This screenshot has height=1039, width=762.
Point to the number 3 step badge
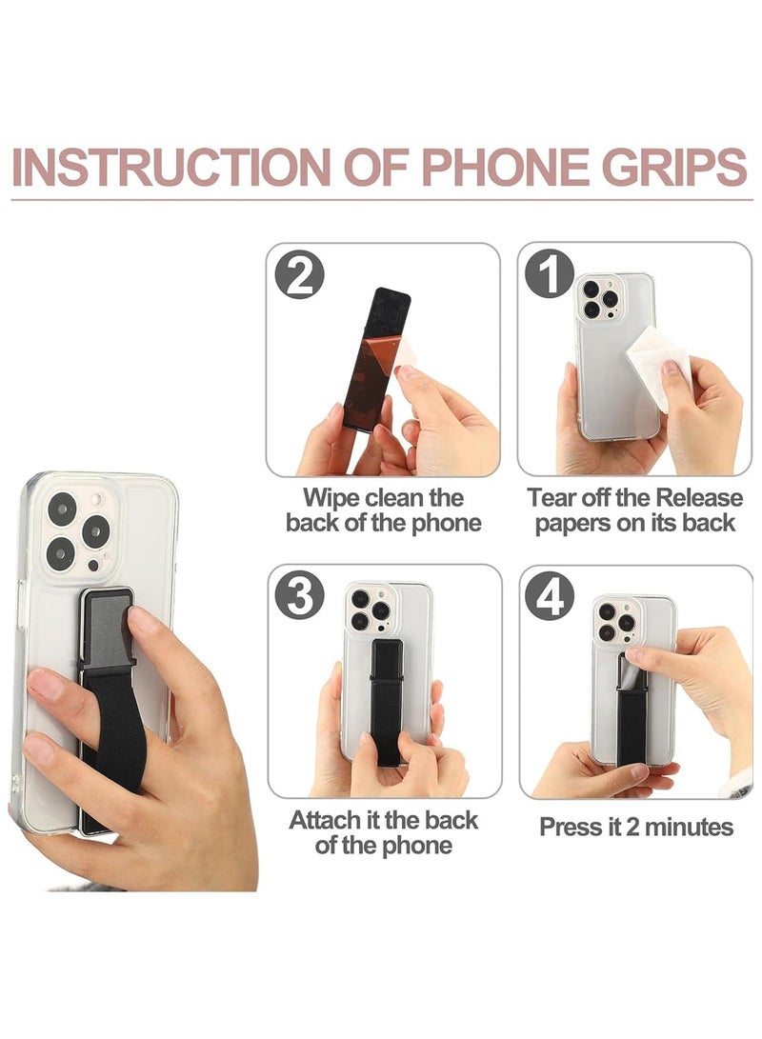tap(299, 597)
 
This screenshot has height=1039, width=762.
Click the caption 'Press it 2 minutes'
tap(635, 826)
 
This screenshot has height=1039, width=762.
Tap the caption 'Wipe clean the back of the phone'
tap(383, 510)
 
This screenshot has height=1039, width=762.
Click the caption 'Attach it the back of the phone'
tap(383, 831)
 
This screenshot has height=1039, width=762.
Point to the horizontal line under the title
tap(381, 201)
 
